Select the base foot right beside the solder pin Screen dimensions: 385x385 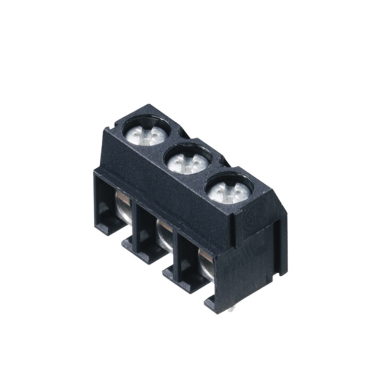[214, 304]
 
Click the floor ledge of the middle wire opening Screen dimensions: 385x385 [148, 254]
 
